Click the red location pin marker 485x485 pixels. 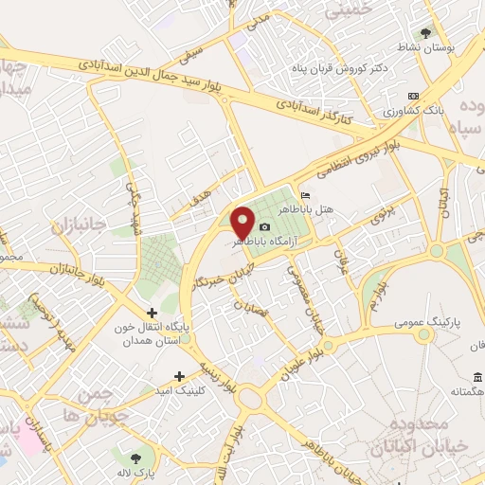[244, 223]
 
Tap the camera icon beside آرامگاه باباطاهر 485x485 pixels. [264, 227]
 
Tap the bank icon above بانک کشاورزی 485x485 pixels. [413, 96]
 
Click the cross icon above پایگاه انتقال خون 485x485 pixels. [151, 313]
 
